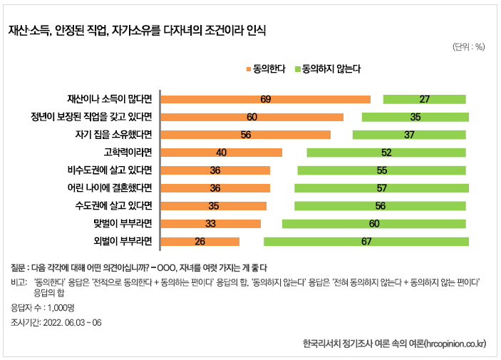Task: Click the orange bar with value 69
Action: pyautogui.click(x=266, y=99)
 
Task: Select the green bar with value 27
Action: pyautogui.click(x=424, y=99)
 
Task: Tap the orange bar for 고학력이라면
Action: pyautogui.click(x=222, y=153)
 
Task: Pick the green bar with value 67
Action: pyautogui.click(x=366, y=242)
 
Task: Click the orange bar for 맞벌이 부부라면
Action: pyautogui.click(x=211, y=224)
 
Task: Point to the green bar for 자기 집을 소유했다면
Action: pyautogui.click(x=409, y=135)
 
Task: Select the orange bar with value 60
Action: pyautogui.click(x=252, y=117)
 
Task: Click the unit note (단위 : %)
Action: pyautogui.click(x=468, y=47)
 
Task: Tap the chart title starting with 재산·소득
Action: pyautogui.click(x=137, y=31)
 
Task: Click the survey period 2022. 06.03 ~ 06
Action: pyautogui.click(x=56, y=322)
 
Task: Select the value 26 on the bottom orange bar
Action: pyautogui.click(x=200, y=242)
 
